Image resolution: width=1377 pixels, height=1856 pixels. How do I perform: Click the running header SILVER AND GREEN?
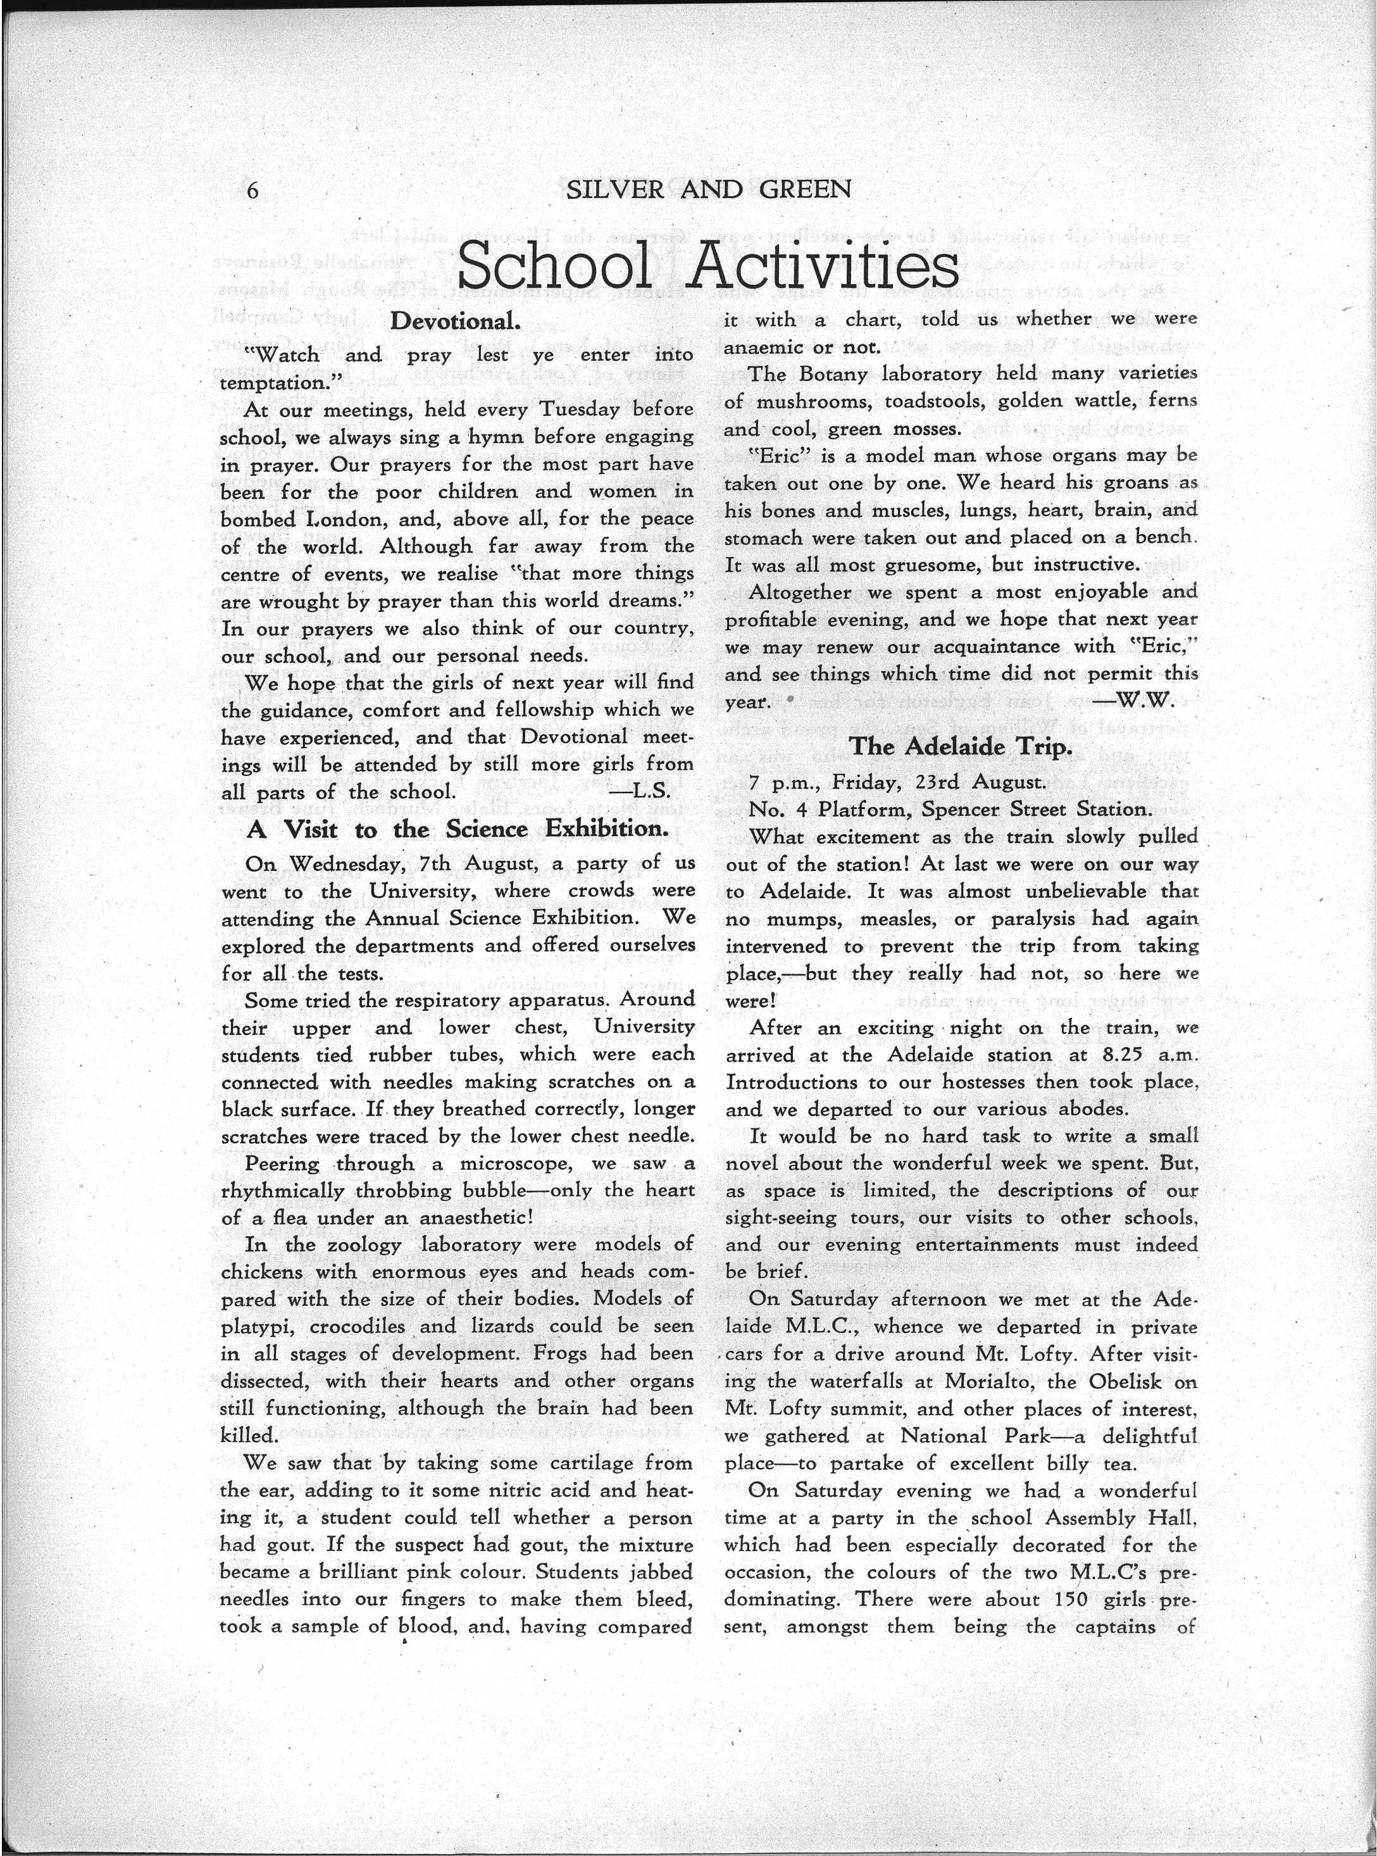pos(709,190)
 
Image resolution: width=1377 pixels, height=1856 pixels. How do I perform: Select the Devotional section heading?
pos(456,321)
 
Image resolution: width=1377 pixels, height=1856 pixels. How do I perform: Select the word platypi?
pos(255,1327)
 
